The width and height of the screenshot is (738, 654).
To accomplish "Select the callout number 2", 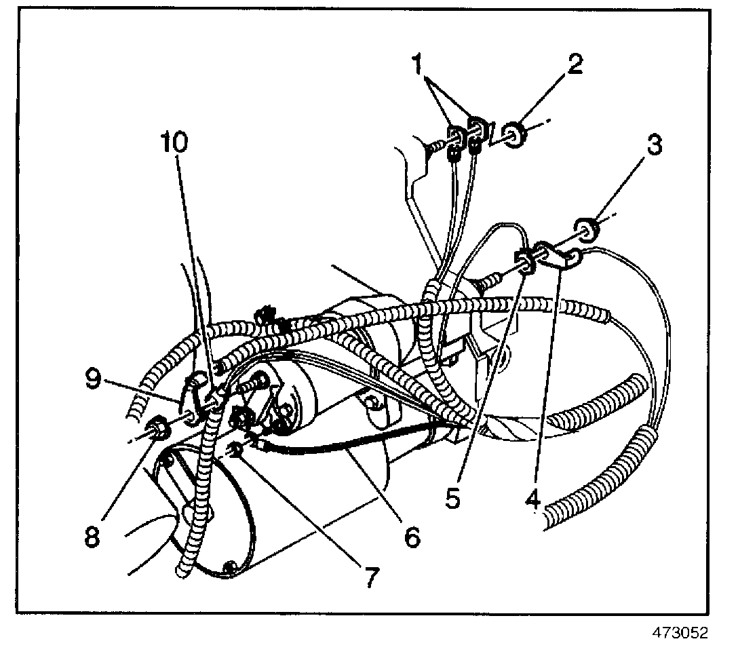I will click(575, 64).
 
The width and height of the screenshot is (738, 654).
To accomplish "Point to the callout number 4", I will click(532, 500).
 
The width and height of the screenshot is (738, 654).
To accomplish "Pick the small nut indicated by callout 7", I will click(235, 450).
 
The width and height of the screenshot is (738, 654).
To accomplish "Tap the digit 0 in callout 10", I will click(184, 143).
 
